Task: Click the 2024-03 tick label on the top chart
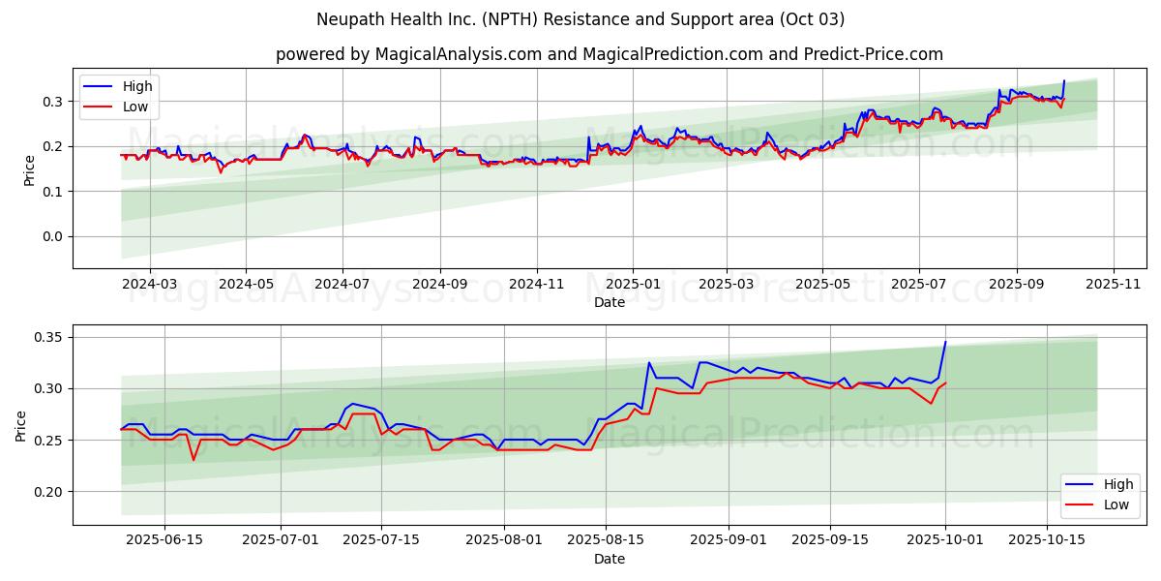[x=150, y=285]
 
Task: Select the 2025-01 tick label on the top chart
[x=634, y=285]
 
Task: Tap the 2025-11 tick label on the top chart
[x=1114, y=285]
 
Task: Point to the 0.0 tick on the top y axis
[x=53, y=236]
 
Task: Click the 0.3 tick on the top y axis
[x=53, y=102]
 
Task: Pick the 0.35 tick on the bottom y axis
[x=49, y=337]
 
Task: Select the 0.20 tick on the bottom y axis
[x=49, y=492]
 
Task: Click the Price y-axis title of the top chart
[x=29, y=169]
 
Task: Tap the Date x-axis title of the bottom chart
[x=610, y=559]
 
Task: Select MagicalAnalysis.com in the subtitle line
[x=457, y=54]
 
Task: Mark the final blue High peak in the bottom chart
[x=945, y=342]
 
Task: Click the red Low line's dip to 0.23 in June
[x=193, y=459]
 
